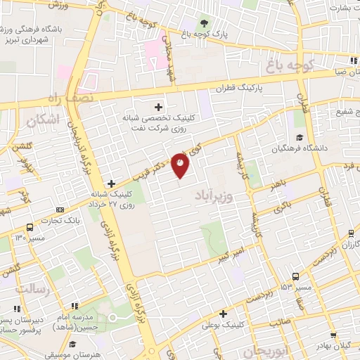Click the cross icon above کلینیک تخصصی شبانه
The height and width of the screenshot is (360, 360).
(157, 108)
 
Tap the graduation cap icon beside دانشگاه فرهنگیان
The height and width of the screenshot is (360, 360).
(300, 137)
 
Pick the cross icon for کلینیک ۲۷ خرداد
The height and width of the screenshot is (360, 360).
(111, 184)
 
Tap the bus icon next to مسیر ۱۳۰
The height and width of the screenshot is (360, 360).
(30, 227)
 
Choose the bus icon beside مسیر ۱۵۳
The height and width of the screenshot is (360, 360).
(295, 276)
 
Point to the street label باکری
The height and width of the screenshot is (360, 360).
(282, 207)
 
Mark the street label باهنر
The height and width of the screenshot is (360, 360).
(278, 185)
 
